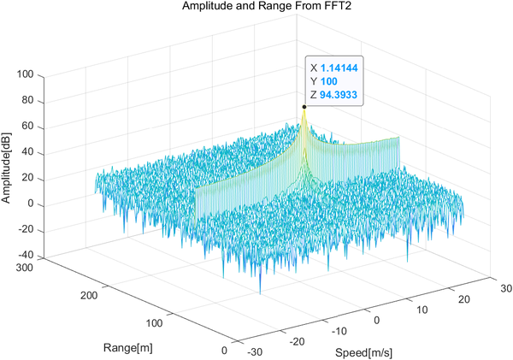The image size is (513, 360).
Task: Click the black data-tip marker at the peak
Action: pyautogui.click(x=304, y=107)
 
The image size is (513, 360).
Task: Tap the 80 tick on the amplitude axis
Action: pyautogui.click(x=25, y=100)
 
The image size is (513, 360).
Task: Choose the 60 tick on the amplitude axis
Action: pyautogui.click(x=25, y=126)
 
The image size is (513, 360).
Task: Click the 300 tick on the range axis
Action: pyautogui.click(x=25, y=269)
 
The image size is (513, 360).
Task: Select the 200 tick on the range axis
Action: pyautogui.click(x=86, y=294)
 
